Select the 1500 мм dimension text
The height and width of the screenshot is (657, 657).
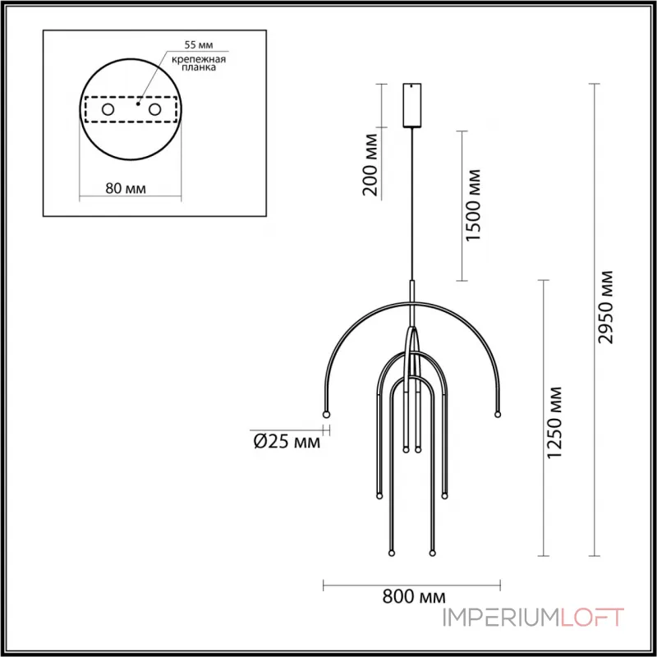(x=472, y=205)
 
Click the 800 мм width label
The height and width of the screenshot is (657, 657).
(x=411, y=597)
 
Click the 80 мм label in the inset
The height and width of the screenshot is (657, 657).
(x=126, y=188)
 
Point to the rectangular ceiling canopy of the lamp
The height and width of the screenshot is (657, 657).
(x=411, y=104)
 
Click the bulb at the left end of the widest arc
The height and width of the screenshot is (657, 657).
(x=326, y=413)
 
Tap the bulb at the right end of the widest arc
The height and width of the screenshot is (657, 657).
(x=497, y=413)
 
